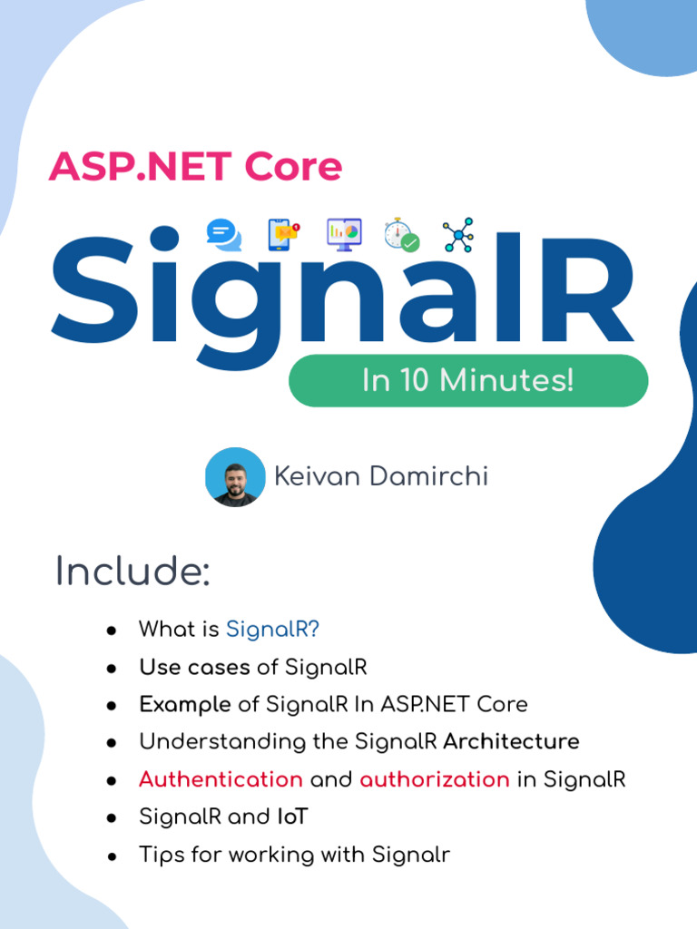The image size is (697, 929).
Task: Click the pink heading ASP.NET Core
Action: click(195, 167)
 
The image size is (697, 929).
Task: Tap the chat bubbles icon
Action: click(223, 235)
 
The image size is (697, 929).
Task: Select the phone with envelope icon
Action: click(284, 235)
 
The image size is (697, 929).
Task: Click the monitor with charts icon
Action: click(344, 234)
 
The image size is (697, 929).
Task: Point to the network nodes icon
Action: click(458, 235)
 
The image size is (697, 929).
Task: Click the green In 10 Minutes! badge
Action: click(468, 380)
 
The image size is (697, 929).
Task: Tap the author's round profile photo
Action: click(235, 476)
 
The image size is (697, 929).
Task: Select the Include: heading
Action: click(133, 572)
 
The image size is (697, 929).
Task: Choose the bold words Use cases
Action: click(194, 667)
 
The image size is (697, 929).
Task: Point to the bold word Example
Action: click(184, 704)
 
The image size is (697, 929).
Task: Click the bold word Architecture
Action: click(511, 741)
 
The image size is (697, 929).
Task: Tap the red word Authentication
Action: click(221, 779)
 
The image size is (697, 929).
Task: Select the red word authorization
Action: click(435, 779)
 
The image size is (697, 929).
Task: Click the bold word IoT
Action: click(292, 817)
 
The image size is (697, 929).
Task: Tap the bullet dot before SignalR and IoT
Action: click(111, 817)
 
